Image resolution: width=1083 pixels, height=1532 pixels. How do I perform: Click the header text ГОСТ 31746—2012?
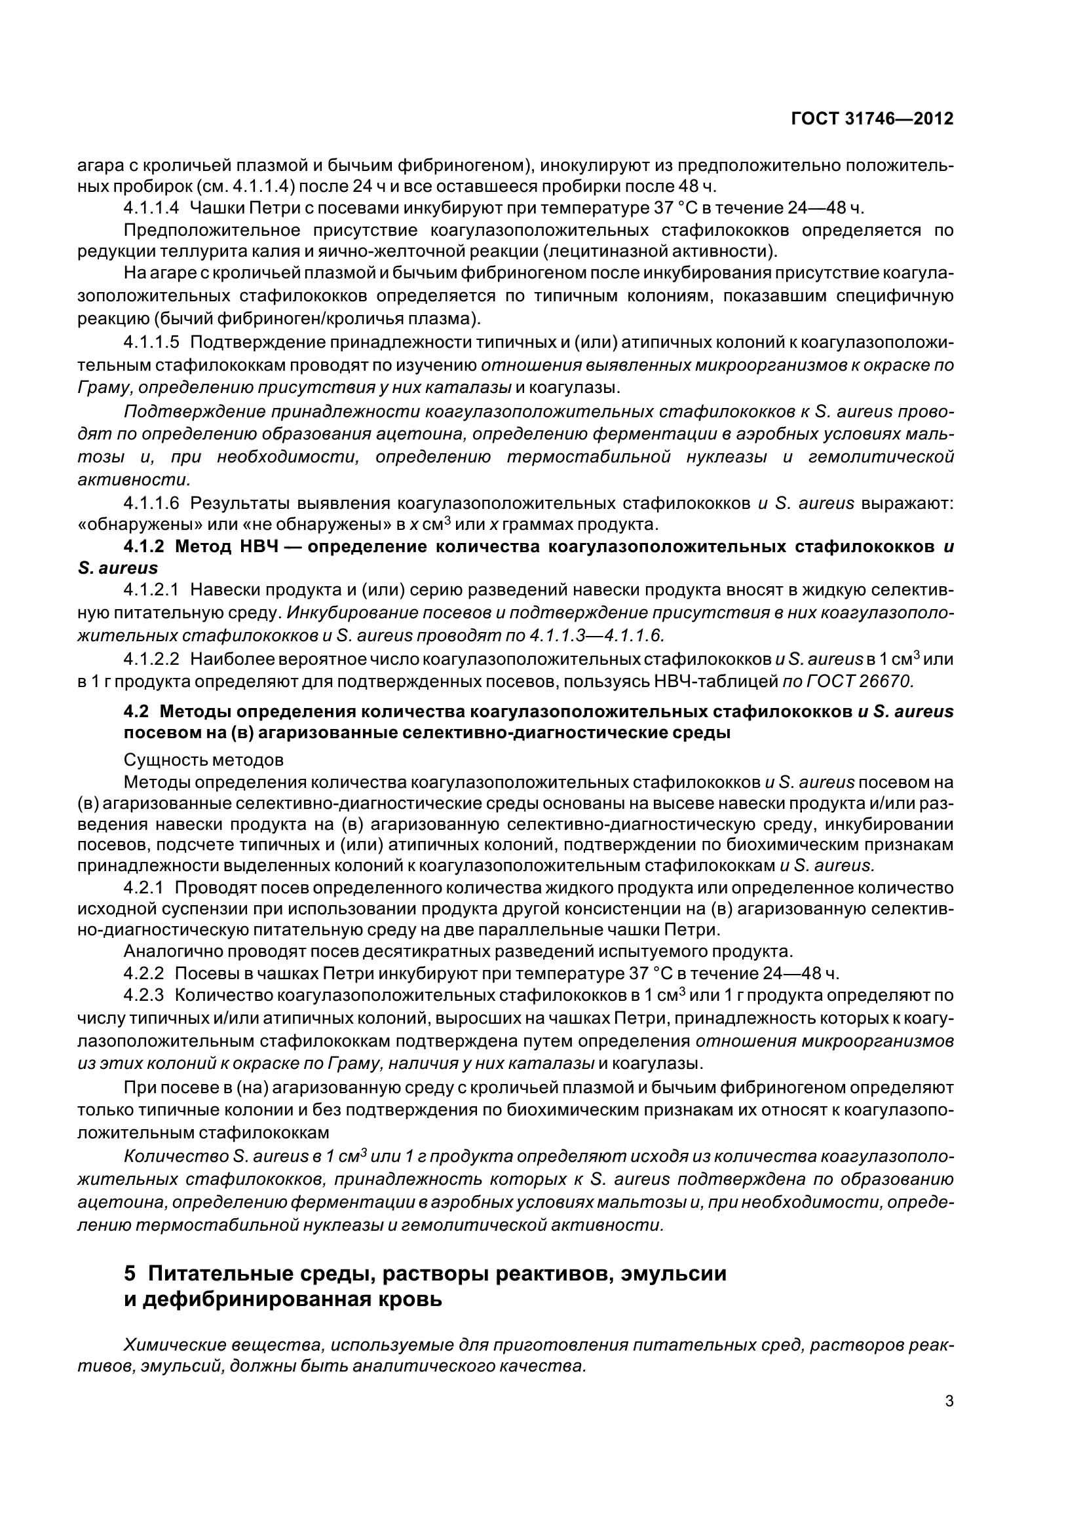871,119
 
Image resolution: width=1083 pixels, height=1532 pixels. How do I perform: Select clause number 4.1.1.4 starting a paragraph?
151,208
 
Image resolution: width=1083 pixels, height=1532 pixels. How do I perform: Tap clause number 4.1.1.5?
151,343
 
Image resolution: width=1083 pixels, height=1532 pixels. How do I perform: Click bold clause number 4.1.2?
143,546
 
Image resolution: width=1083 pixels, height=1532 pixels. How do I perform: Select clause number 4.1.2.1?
151,590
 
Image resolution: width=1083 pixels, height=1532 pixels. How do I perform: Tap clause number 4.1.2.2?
151,660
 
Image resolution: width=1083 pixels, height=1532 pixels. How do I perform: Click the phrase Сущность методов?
204,760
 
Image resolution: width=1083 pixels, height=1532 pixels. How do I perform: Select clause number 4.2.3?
143,996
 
